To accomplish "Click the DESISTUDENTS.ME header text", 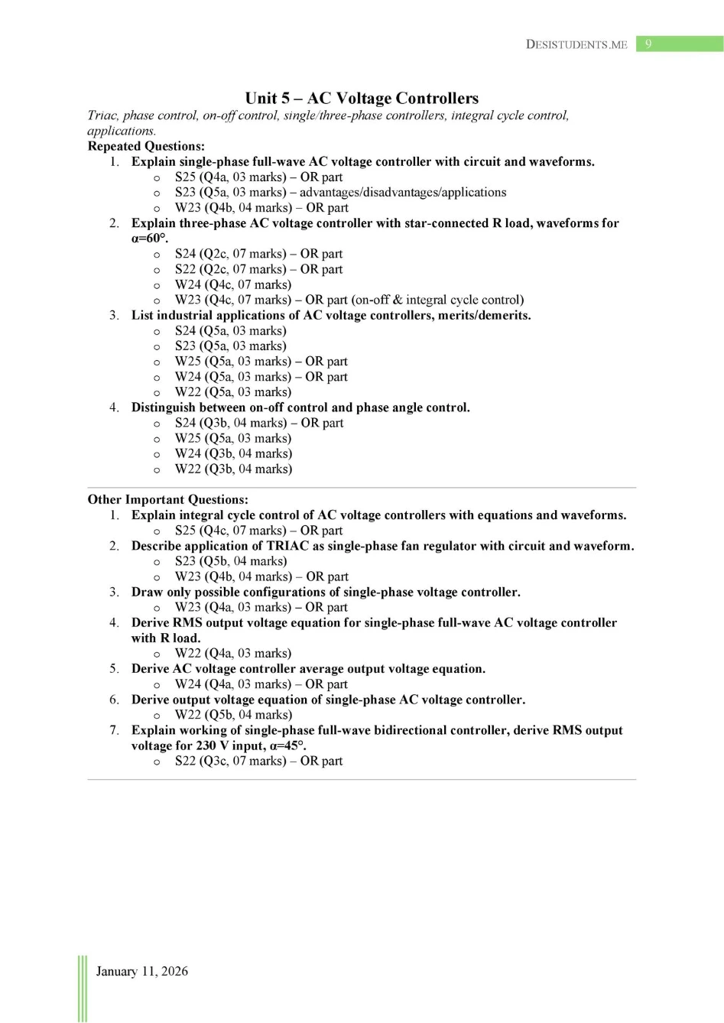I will point(576,44).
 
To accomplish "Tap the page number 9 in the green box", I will point(648,44).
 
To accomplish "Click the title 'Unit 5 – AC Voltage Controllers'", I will point(362,98).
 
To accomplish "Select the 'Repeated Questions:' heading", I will point(146,146).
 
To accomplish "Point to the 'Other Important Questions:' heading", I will point(167,499).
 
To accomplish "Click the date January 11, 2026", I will point(141,971).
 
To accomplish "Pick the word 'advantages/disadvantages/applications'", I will point(403,193).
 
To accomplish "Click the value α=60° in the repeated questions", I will point(148,239).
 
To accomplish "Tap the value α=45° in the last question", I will point(287,745).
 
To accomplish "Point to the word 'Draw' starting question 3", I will point(147,592).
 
